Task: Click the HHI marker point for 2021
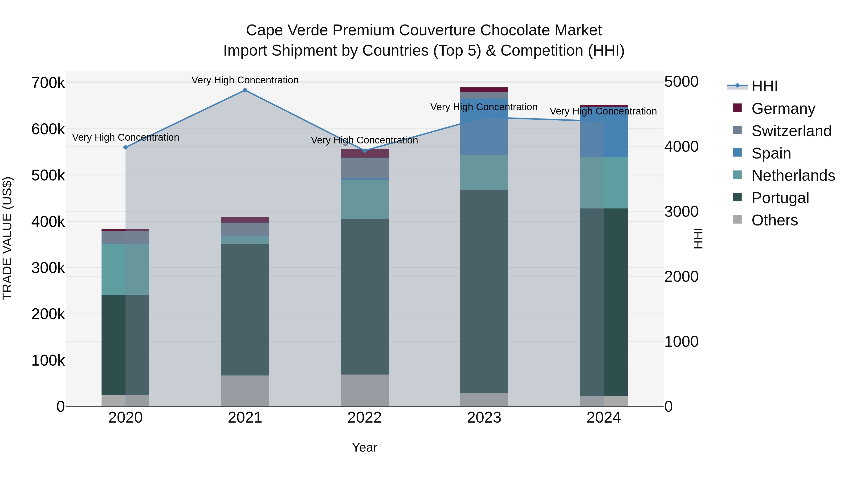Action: (245, 90)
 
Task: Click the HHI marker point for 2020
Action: (125, 147)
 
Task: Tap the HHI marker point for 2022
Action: (364, 151)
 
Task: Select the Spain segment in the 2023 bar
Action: (484, 127)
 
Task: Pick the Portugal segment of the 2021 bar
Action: (245, 310)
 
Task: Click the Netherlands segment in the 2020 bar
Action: (125, 269)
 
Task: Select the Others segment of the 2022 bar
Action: (364, 390)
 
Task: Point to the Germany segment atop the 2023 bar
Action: (484, 90)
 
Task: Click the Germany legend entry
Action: (783, 109)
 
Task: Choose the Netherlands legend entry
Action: (793, 175)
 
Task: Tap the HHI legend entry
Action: (764, 86)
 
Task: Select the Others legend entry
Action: (774, 220)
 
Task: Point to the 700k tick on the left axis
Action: (48, 83)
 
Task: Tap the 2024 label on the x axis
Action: (603, 418)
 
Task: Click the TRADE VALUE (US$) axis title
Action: (7, 238)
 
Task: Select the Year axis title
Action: (364, 447)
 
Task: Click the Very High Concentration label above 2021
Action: (245, 80)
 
